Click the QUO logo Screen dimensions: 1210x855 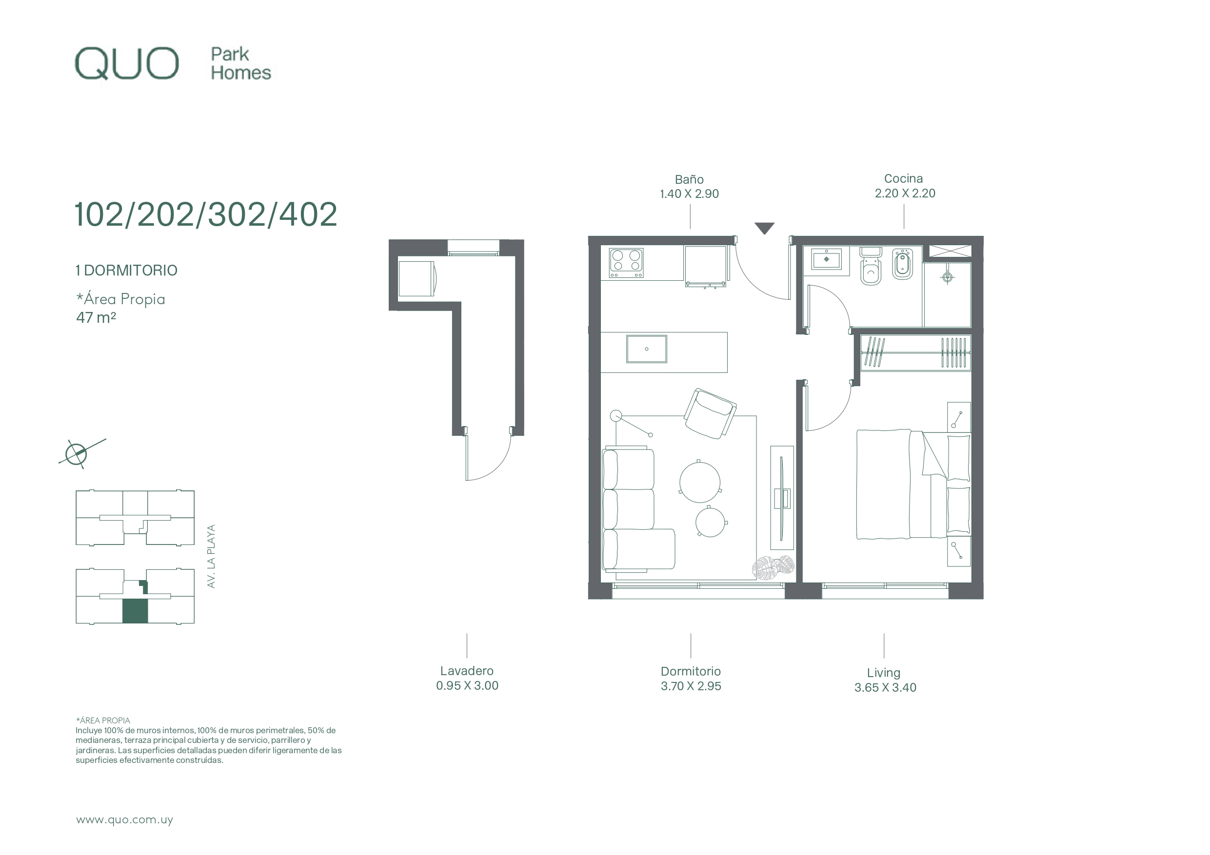point(126,64)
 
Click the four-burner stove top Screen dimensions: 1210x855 point(626,263)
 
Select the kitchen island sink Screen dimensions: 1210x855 point(647,349)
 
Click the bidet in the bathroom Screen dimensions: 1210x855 point(903,265)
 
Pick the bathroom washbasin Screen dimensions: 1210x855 point(826,259)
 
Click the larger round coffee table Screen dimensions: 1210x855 point(700,482)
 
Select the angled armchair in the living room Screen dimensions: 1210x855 point(710,413)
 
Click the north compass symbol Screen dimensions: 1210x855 point(77,453)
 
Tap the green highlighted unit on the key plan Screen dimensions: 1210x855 point(135,611)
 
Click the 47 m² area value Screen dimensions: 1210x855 point(96,318)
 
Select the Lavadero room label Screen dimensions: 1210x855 point(467,671)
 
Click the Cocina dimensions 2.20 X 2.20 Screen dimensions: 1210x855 point(905,194)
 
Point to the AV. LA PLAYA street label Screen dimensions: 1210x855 point(211,556)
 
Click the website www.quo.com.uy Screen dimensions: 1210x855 point(124,820)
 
